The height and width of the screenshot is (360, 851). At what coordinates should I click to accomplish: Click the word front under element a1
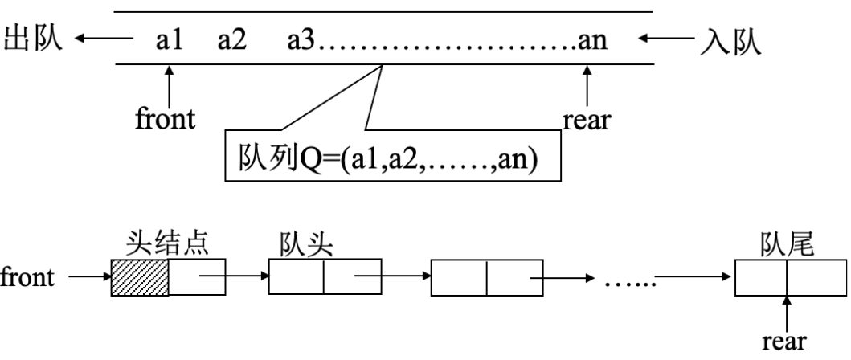[165, 120]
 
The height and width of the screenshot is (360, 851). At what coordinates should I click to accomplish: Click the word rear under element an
[587, 121]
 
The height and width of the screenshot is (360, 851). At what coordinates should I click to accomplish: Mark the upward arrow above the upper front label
[169, 85]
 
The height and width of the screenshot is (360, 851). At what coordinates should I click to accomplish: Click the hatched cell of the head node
[140, 278]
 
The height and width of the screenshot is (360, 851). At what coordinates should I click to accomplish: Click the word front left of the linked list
[29, 278]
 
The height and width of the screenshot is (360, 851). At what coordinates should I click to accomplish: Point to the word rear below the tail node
[787, 341]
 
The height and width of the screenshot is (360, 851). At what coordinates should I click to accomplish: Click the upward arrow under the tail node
[787, 312]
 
